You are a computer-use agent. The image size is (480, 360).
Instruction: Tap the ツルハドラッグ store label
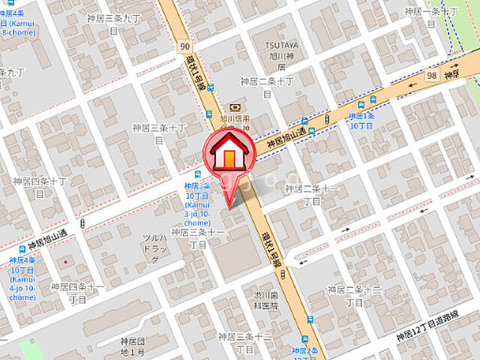(x=154, y=248)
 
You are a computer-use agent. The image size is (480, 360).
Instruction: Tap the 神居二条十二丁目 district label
(x=354, y=295)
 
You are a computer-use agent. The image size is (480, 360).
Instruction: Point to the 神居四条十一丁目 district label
(x=77, y=292)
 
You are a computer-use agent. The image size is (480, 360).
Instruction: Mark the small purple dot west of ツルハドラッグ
(x=65, y=262)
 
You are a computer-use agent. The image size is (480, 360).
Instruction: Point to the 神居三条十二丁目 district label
(x=244, y=343)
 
